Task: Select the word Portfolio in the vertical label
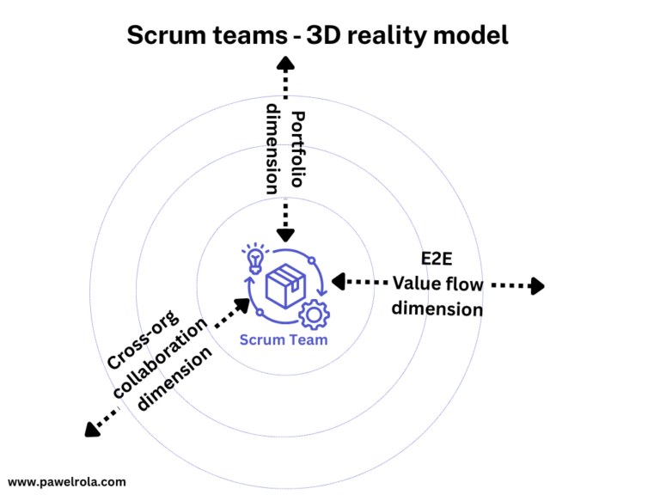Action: pyautogui.click(x=296, y=148)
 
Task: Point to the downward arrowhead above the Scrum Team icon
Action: pyautogui.click(x=285, y=233)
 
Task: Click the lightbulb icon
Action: pyautogui.click(x=254, y=257)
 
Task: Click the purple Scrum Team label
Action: pyautogui.click(x=283, y=339)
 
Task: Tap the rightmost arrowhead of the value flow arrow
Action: pyautogui.click(x=537, y=286)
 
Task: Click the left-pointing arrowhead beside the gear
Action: pyautogui.click(x=339, y=281)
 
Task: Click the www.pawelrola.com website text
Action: pyautogui.click(x=67, y=482)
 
